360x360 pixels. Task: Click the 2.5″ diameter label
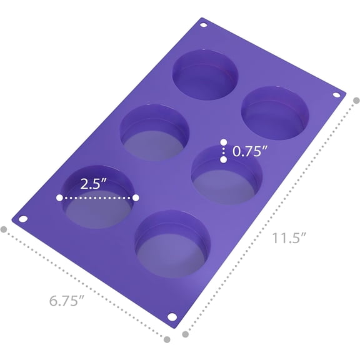[94, 184]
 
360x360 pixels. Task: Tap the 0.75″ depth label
[250, 151]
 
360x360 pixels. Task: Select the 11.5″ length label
[289, 238]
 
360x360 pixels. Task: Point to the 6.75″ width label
[67, 301]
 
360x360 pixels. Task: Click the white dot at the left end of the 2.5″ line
[59, 197]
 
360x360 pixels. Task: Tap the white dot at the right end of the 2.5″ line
[136, 197]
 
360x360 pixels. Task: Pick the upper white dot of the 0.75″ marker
[224, 142]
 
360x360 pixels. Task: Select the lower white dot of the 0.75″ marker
[224, 159]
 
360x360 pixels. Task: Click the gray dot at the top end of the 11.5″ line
[356, 101]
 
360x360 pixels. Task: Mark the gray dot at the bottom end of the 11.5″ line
[185, 334]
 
